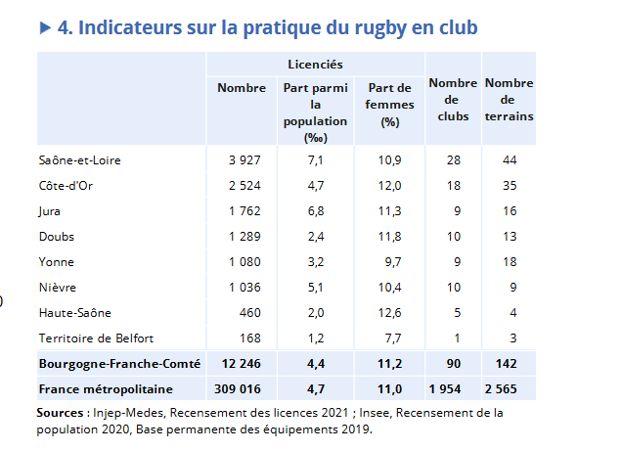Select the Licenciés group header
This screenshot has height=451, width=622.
tap(314, 64)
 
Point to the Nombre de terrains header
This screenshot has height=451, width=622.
tap(509, 101)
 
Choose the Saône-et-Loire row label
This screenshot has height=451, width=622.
tap(79, 159)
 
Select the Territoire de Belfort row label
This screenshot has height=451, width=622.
tap(96, 338)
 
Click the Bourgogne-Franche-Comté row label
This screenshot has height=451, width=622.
tap(118, 363)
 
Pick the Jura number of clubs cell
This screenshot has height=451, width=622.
tap(452, 210)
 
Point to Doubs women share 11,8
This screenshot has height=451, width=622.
tap(390, 236)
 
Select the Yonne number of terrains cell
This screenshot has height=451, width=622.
tap(508, 261)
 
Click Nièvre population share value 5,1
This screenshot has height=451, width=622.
tap(315, 287)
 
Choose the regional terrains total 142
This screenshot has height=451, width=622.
tap(508, 363)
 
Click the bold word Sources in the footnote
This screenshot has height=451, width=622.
tap(60, 413)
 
